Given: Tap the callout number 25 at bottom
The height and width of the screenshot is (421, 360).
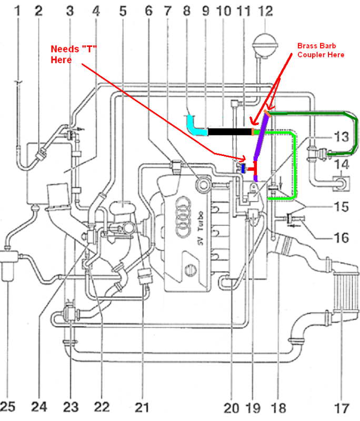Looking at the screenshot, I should [x=8, y=407].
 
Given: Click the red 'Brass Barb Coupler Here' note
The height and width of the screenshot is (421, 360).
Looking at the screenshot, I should [x=321, y=50].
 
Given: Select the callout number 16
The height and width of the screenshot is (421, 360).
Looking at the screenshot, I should [x=341, y=238].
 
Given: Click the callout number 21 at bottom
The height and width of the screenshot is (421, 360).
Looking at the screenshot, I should [x=142, y=407].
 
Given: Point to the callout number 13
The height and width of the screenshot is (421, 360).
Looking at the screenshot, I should [x=341, y=138].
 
